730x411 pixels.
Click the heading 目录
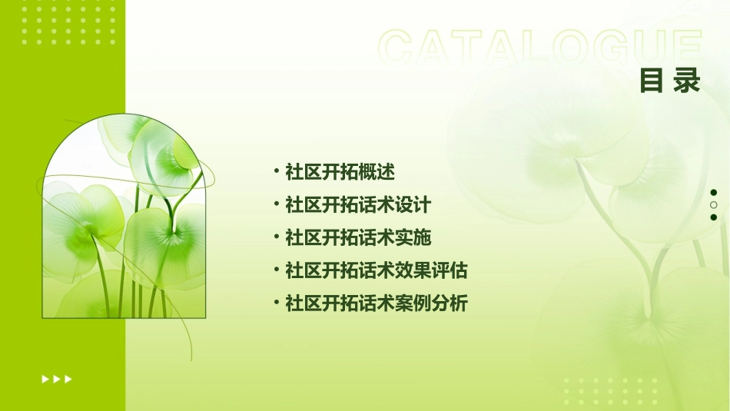click(670, 81)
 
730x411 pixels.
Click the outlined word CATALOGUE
click(540, 48)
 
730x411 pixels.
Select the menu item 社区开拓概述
click(340, 172)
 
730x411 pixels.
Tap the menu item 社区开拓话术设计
click(358, 205)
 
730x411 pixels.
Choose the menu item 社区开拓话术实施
click(358, 238)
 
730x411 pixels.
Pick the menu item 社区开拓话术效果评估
click(377, 270)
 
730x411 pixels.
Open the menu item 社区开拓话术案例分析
click(377, 303)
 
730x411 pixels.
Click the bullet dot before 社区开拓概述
click(276, 171)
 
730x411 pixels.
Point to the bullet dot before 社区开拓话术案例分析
click(276, 303)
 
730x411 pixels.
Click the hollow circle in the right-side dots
click(714, 205)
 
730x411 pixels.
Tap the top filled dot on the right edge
click(714, 193)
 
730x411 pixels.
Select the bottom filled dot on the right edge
click(714, 217)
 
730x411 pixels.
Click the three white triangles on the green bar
click(57, 379)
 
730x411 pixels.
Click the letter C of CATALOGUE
click(399, 48)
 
